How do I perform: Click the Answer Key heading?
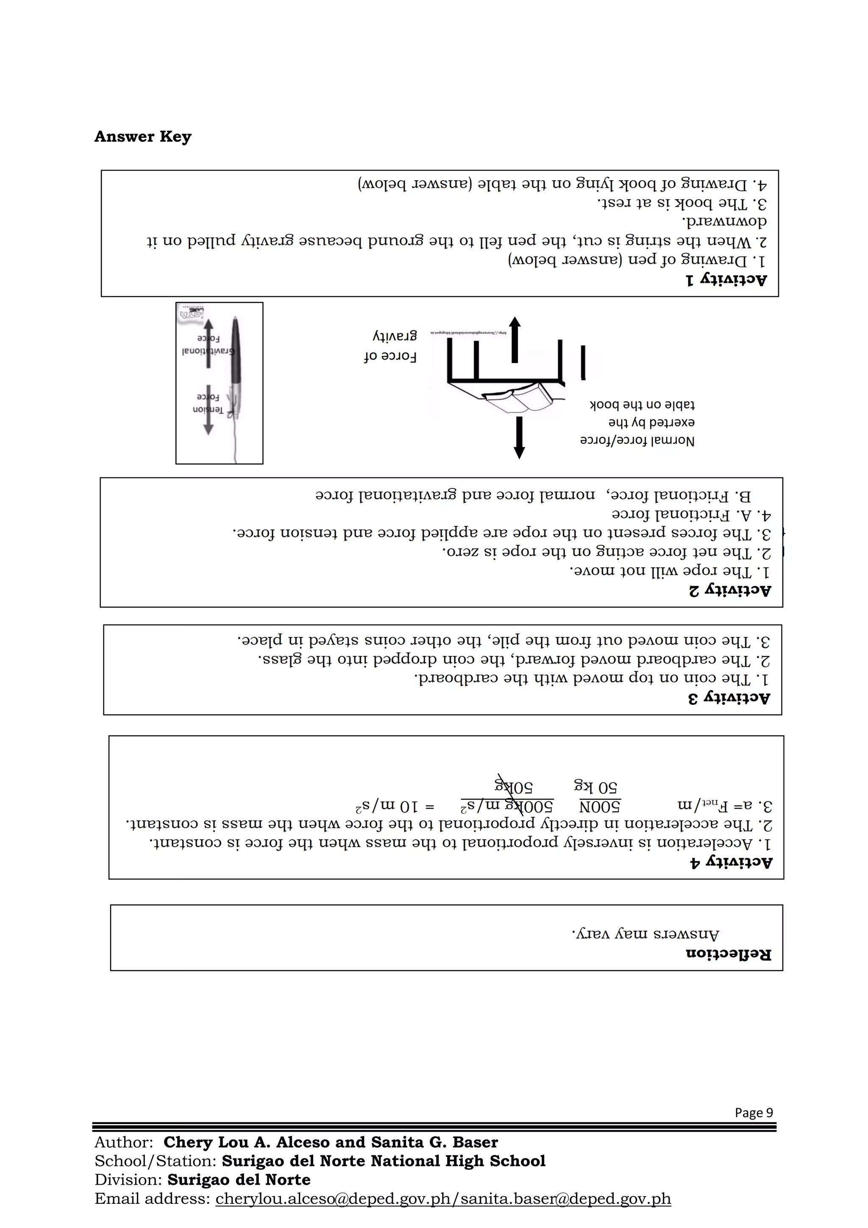143,137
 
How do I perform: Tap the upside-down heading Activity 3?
729,698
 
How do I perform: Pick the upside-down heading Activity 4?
731,863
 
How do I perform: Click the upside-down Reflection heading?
729,954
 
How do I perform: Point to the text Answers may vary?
645,935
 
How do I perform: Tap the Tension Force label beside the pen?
208,404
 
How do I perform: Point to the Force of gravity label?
391,346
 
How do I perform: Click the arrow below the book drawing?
518,438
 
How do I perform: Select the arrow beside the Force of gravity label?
514,340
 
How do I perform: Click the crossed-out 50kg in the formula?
514,787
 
